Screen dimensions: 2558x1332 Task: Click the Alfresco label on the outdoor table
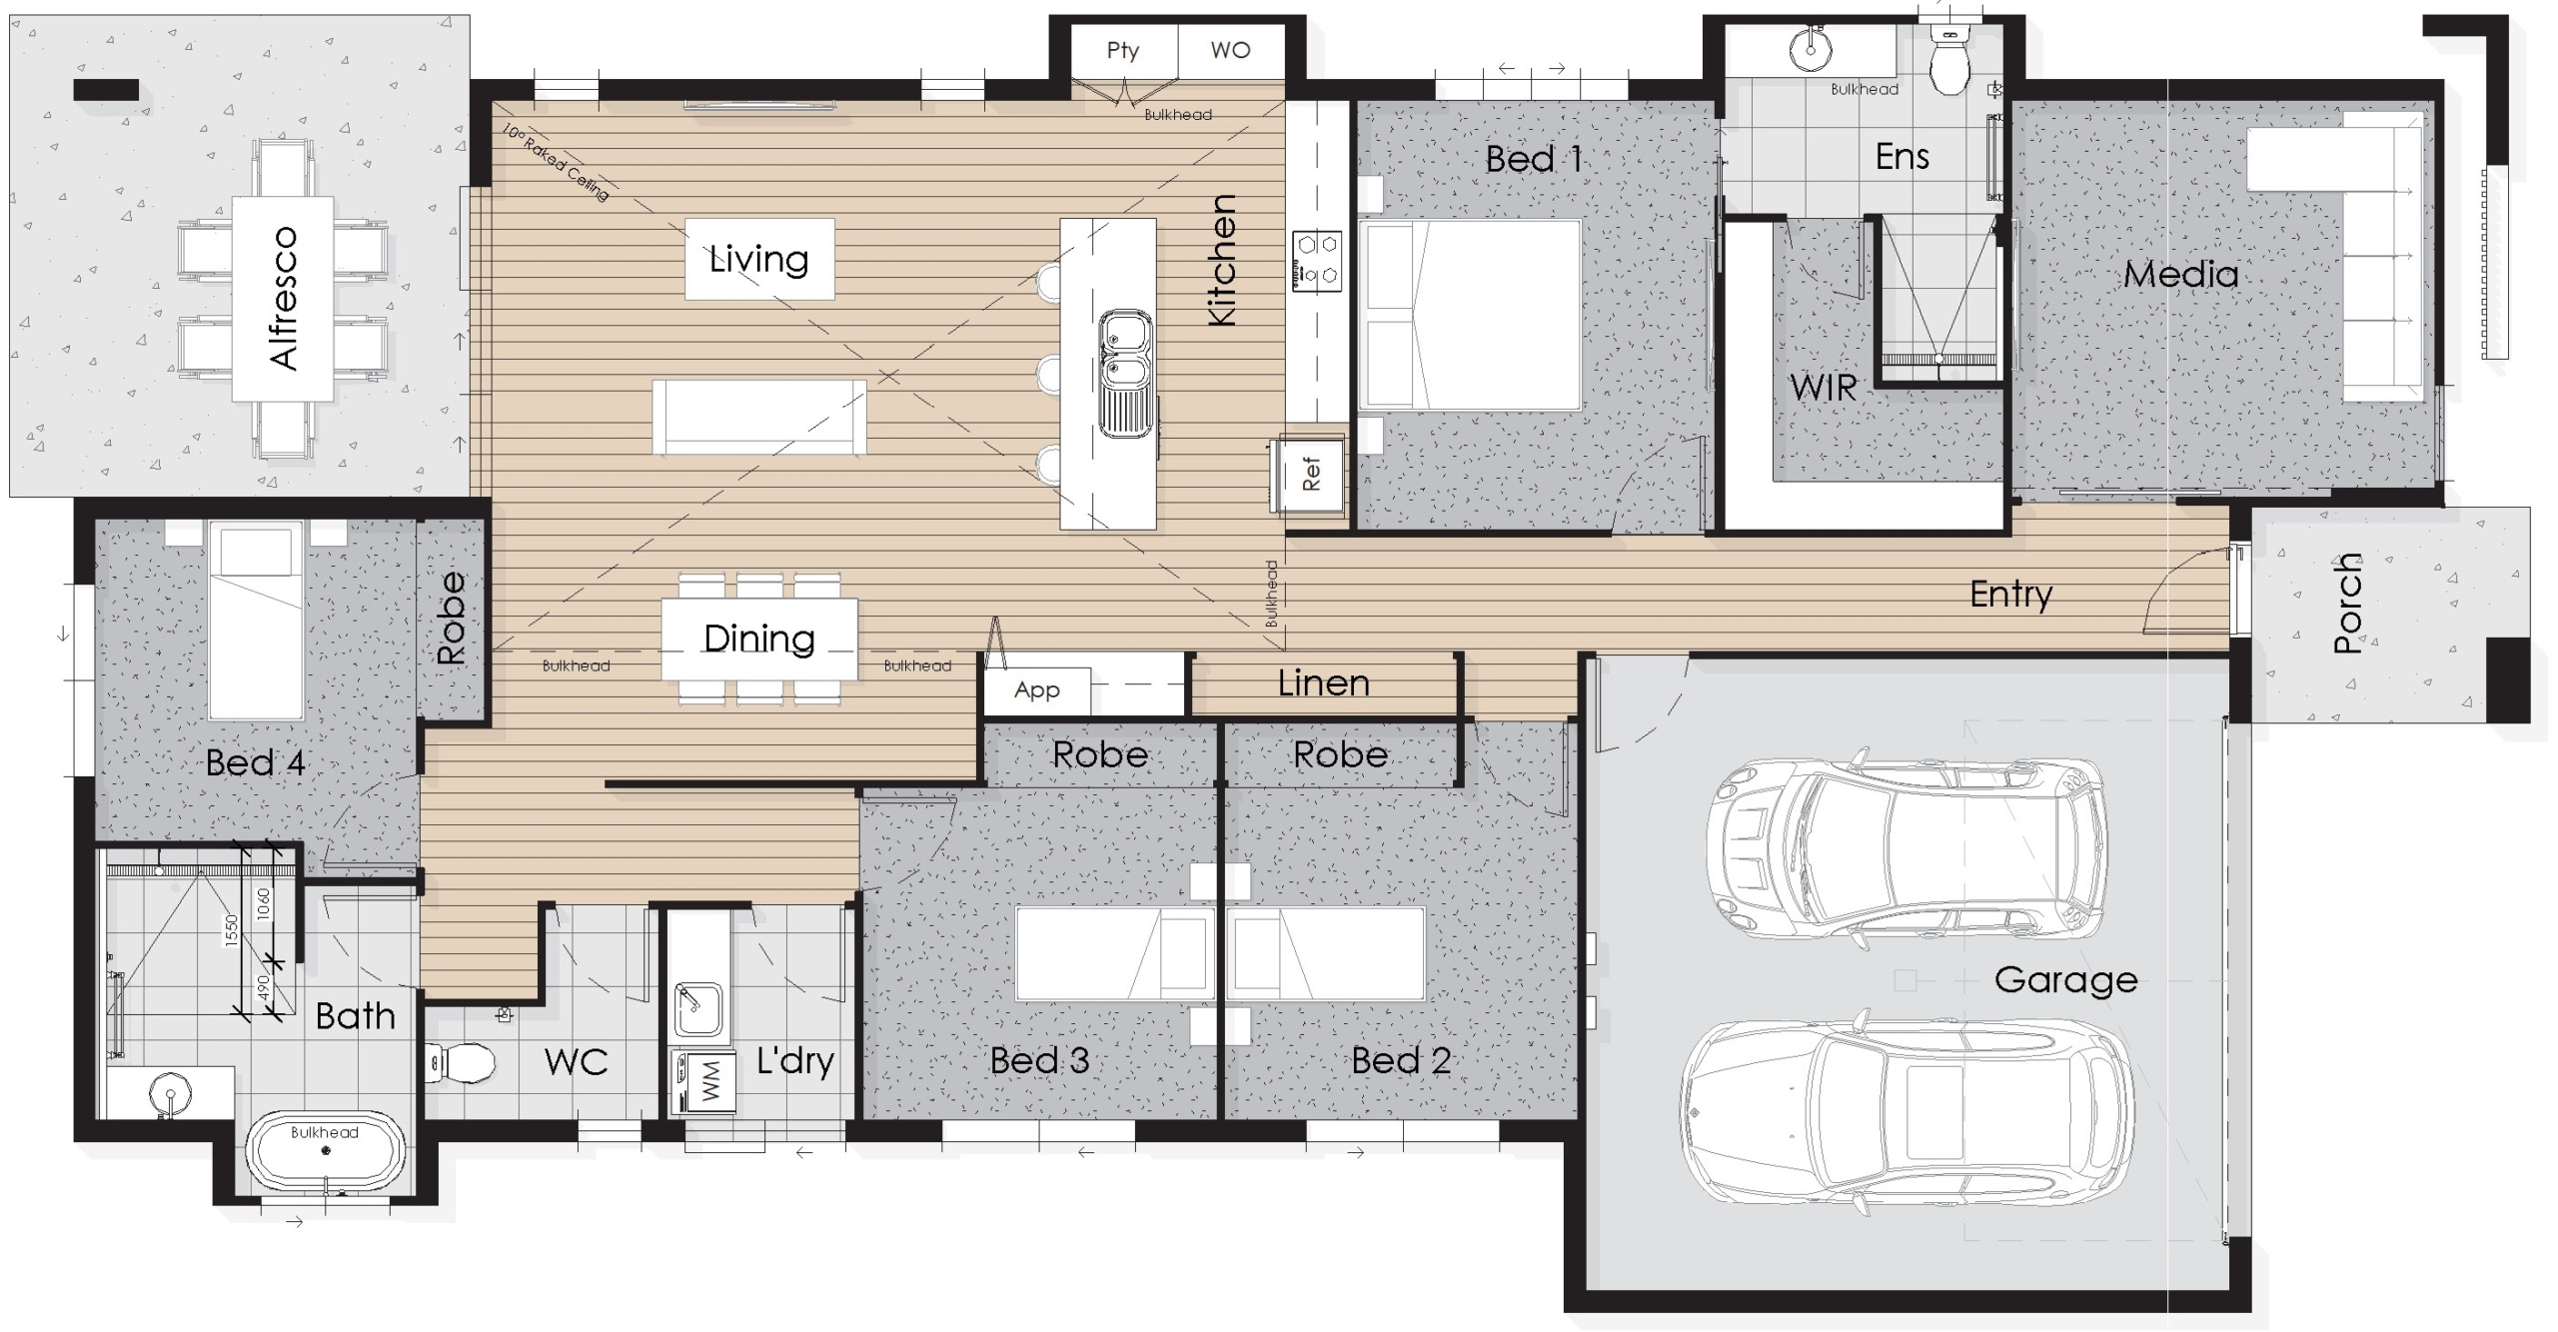pos(284,299)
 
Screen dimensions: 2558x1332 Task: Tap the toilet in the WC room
pos(461,1062)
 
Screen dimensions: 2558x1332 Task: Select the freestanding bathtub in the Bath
pos(326,1151)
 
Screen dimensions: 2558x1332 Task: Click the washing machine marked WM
pos(707,1081)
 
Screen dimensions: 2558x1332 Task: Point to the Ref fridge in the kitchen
pos(1310,474)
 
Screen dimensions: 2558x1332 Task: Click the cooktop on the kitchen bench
pos(1317,261)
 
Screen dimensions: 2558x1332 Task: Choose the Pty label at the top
pos(1123,51)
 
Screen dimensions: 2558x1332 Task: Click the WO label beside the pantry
pos(1230,50)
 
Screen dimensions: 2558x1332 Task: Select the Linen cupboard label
pos(1323,683)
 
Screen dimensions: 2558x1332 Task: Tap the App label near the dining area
pos(1036,690)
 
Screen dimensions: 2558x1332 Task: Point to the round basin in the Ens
pos(1810,49)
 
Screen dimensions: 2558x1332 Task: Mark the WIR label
pos(1823,388)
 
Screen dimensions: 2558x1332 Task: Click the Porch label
pos(2348,604)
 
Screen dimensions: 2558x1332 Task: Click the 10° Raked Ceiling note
pos(556,163)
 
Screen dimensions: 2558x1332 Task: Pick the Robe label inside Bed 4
pos(452,618)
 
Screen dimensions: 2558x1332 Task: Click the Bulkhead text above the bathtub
pos(324,1132)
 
